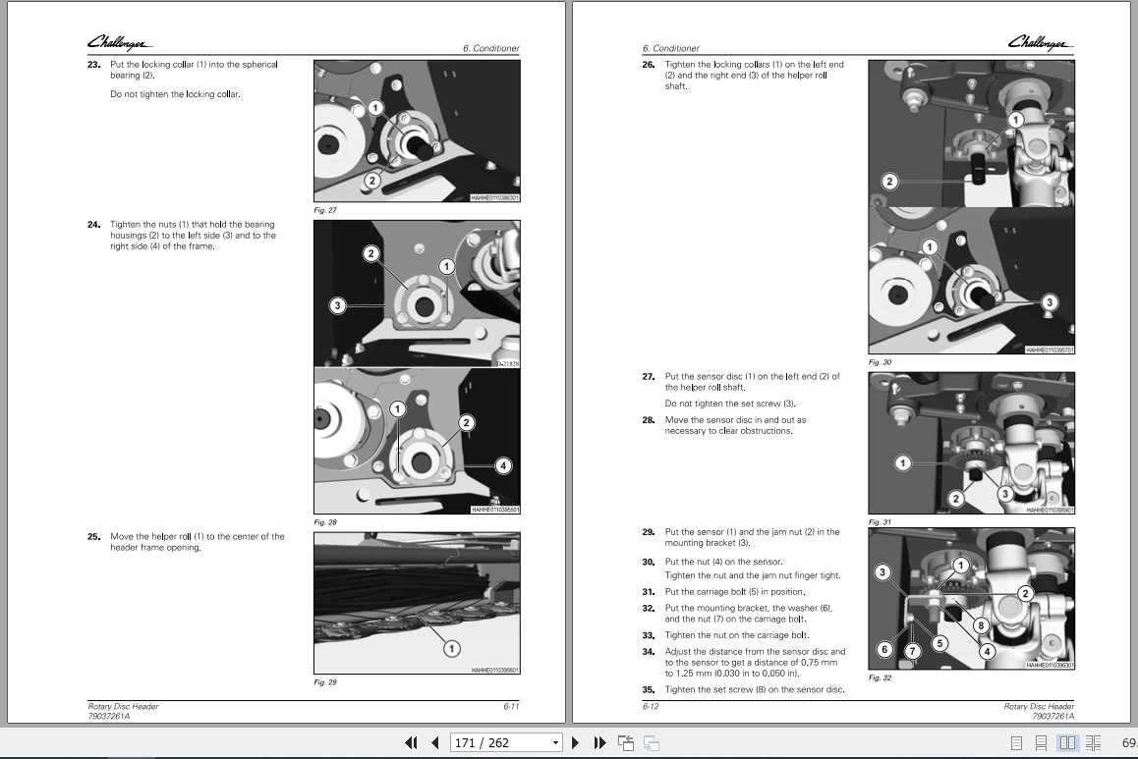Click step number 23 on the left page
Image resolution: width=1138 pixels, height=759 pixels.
click(94, 65)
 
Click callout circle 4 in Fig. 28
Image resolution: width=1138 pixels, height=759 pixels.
click(503, 465)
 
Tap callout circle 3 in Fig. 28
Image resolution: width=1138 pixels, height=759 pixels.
click(337, 306)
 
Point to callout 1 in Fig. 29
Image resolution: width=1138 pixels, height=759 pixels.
click(451, 648)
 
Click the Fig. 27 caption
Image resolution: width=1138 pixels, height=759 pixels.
click(324, 210)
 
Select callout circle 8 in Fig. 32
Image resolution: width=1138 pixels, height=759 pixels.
click(980, 624)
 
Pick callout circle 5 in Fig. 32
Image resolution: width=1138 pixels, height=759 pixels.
click(939, 643)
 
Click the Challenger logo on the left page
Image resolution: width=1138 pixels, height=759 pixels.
click(119, 42)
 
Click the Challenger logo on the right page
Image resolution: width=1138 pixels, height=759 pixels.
click(1040, 42)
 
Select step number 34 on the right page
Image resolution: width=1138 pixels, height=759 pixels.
click(649, 652)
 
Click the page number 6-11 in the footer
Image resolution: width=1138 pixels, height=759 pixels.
click(511, 706)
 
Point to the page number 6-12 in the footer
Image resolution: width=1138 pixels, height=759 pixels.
click(651, 706)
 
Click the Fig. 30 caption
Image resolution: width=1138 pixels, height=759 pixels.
click(880, 362)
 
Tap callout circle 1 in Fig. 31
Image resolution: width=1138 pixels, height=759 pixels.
click(903, 462)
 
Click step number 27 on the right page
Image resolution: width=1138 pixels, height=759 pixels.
click(649, 376)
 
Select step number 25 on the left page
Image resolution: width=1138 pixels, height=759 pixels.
click(94, 537)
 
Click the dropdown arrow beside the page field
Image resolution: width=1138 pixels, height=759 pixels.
click(556, 743)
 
